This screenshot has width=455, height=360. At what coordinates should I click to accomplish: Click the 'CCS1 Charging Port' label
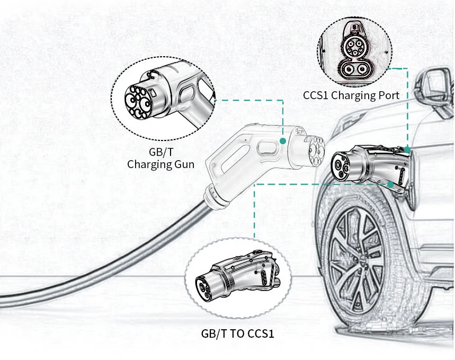click(x=351, y=95)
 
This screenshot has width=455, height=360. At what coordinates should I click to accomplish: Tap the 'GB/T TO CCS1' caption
click(x=237, y=333)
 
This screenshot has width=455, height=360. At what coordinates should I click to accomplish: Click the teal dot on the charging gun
click(x=283, y=141)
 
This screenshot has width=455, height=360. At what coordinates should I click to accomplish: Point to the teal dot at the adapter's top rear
click(x=407, y=150)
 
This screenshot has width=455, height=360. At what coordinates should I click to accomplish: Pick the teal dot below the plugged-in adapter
click(x=390, y=184)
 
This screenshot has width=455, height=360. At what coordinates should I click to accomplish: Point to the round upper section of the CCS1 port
click(x=354, y=47)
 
